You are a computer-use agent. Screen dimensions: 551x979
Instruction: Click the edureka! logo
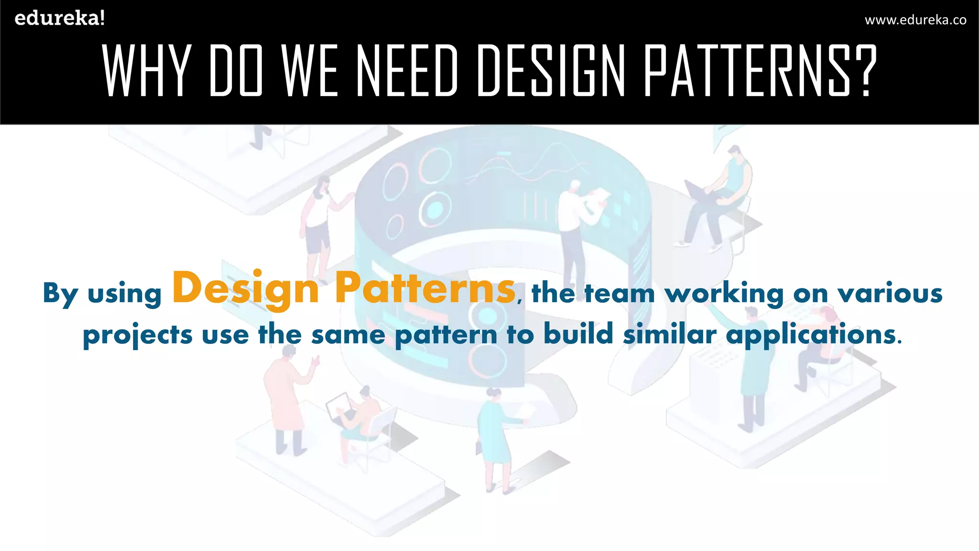pyautogui.click(x=59, y=19)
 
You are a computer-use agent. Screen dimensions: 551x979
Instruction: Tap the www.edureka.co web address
pyautogui.click(x=915, y=20)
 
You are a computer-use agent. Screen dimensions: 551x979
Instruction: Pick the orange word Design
pyautogui.click(x=246, y=288)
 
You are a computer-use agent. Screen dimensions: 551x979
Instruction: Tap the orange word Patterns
pyautogui.click(x=425, y=288)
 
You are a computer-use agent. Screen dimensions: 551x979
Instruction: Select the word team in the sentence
pyautogui.click(x=620, y=293)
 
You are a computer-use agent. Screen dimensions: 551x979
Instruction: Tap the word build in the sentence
pyautogui.click(x=578, y=333)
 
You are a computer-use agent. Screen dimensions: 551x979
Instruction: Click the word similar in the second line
pyautogui.click(x=670, y=333)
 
